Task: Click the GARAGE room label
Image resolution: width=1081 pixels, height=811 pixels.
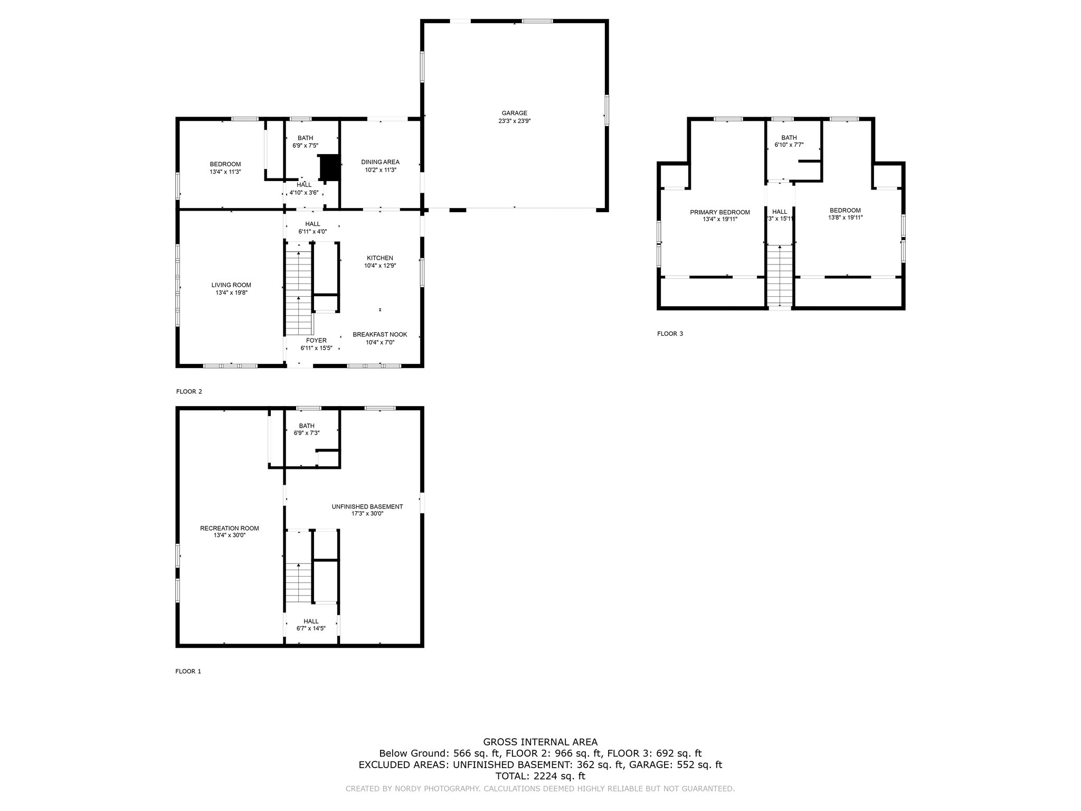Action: [514, 113]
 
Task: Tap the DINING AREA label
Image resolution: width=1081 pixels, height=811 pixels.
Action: [380, 162]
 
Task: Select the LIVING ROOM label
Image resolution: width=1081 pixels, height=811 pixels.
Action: [231, 285]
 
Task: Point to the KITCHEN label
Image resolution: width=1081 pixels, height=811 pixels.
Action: [380, 258]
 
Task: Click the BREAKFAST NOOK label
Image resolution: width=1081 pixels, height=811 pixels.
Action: [380, 335]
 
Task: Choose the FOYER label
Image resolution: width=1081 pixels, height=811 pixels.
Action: [316, 341]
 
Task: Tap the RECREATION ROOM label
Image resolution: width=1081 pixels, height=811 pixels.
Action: [230, 528]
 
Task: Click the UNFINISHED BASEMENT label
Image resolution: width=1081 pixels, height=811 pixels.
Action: [367, 506]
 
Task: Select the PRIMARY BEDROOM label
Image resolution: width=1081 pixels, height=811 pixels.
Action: [720, 212]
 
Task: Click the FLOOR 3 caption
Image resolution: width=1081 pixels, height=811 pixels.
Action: [670, 334]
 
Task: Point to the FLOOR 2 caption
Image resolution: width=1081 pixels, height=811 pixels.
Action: [189, 392]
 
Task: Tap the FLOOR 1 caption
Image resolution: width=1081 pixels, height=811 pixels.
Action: [188, 672]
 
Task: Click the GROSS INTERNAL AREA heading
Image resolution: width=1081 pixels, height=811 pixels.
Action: [540, 742]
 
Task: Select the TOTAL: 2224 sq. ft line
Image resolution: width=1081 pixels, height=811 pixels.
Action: [540, 776]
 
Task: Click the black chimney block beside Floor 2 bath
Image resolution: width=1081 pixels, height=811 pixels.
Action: [329, 167]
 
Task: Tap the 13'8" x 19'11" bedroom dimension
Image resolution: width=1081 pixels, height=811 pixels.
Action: [845, 218]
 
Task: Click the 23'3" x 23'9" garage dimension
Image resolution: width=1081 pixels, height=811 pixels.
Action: [514, 121]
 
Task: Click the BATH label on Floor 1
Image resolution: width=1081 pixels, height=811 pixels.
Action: [307, 426]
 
